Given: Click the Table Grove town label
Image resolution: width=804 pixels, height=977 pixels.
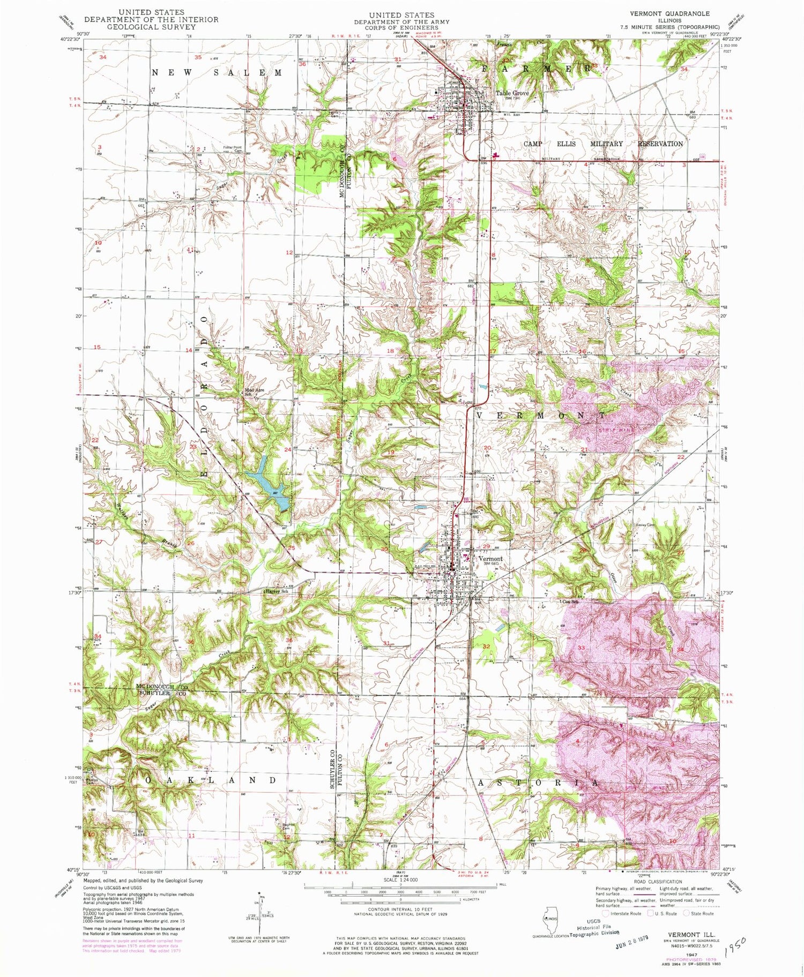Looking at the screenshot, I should [512, 93].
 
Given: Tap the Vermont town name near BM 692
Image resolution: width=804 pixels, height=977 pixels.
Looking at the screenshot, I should [490, 558].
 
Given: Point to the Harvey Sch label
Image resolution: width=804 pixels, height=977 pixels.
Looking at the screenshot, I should [277, 591].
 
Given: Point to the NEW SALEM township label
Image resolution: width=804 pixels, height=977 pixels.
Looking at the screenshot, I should [217, 73].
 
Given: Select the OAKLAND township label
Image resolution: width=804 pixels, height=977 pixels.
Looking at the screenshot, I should [211, 780].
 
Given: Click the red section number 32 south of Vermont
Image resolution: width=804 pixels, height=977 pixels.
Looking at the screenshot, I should [486, 647].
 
